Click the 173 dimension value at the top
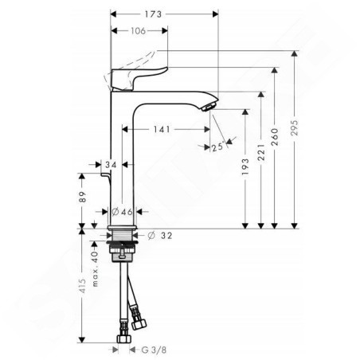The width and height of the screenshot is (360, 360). [153, 14]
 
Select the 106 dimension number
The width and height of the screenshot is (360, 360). [138, 31]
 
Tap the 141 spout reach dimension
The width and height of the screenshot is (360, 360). [162, 129]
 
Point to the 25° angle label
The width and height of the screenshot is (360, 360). [217, 147]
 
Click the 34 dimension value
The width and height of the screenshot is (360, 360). [111, 165]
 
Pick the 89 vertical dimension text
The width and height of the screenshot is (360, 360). [83, 197]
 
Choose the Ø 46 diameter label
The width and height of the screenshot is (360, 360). [122, 212]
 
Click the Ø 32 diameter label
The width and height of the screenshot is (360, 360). [160, 235]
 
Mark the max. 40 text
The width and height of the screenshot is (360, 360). [95, 269]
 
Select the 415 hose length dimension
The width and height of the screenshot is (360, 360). [83, 286]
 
